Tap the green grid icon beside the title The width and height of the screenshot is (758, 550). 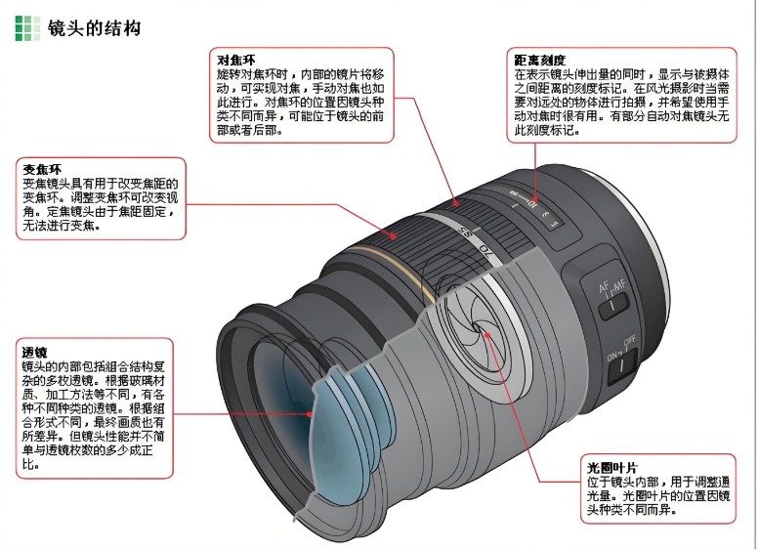tap(27, 28)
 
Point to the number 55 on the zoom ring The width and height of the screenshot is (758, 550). tap(467, 236)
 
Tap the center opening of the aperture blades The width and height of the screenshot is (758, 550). tap(484, 335)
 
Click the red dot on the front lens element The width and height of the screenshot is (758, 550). tap(312, 413)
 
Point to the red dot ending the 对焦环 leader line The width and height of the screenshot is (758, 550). tap(455, 202)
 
